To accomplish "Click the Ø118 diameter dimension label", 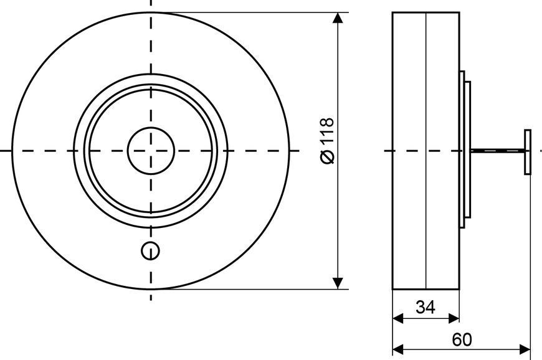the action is click(327, 141).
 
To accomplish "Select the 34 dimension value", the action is click(426, 307).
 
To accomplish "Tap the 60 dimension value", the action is click(462, 340).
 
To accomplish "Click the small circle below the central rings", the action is click(150, 251).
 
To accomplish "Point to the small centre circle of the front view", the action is click(151, 151).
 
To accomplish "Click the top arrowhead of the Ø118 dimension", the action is click(338, 18).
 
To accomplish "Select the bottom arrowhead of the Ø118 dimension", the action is click(338, 283).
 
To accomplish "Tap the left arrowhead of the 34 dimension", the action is click(398, 318).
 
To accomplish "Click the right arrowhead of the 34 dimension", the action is click(454, 318).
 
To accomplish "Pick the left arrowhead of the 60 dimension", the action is click(398, 349).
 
